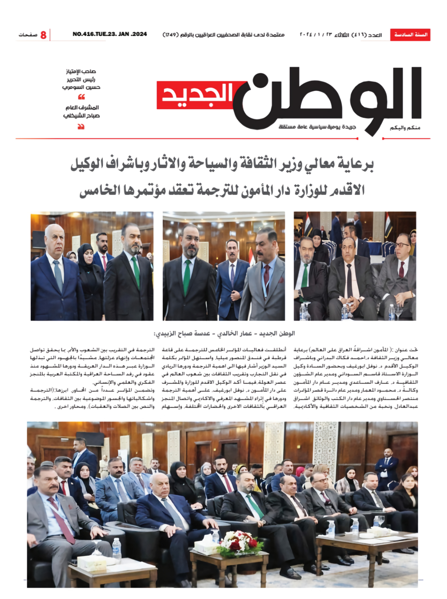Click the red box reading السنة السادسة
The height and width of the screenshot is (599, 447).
coord(410,35)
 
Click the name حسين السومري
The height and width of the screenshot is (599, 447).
coord(81,87)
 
